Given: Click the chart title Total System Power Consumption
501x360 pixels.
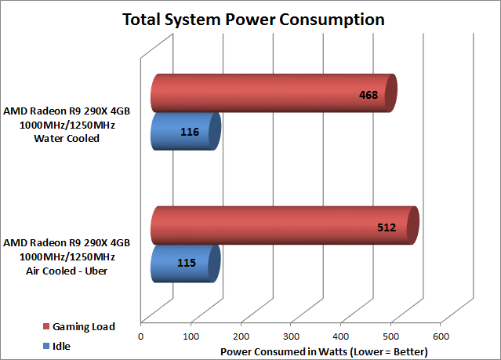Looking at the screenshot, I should [x=252, y=19].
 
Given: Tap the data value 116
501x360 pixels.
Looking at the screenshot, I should [x=190, y=133].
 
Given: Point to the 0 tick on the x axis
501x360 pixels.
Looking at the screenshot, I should [x=141, y=336].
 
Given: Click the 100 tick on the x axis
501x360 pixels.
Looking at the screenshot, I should [x=191, y=336].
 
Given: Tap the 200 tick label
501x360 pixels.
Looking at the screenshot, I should [x=241, y=336].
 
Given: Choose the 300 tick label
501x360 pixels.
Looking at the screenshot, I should [x=291, y=336].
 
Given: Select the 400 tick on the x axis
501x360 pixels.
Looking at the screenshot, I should [x=341, y=336].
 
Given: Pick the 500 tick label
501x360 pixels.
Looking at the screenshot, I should [x=390, y=336].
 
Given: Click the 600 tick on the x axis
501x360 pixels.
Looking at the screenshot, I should [x=441, y=336].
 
